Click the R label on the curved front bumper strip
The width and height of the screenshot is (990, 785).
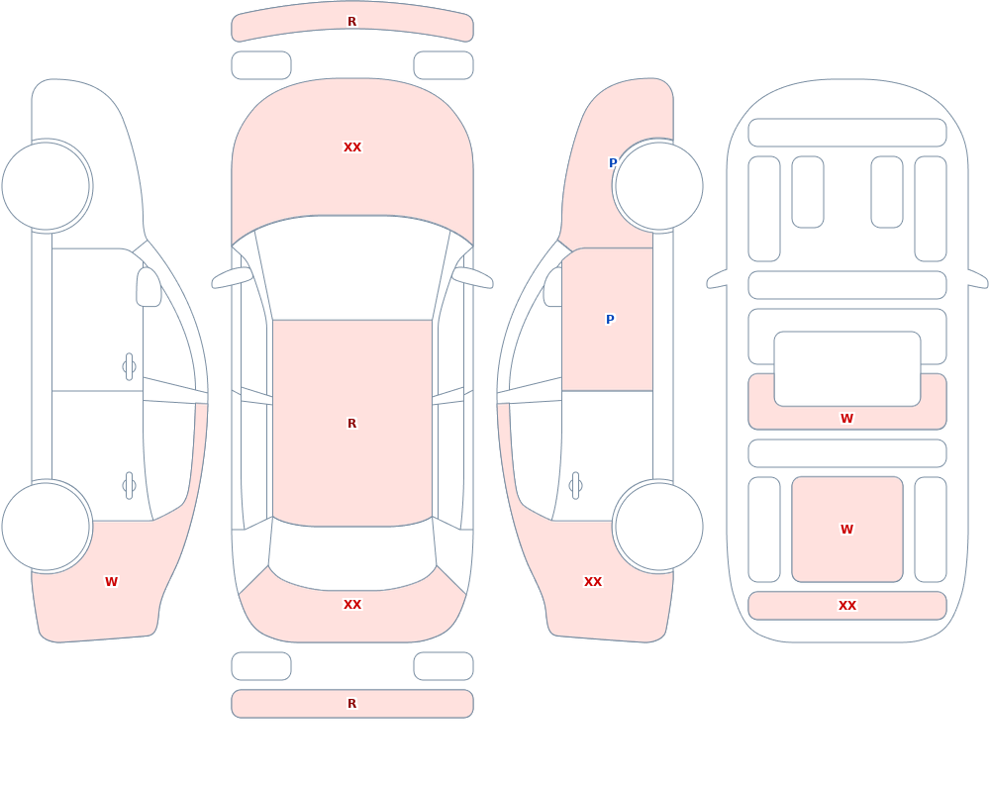(351, 22)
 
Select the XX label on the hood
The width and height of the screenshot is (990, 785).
(352, 147)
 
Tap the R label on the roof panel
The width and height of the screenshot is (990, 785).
(351, 423)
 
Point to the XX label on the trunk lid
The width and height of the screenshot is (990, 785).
(352, 605)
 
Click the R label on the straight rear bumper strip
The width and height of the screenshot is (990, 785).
(351, 704)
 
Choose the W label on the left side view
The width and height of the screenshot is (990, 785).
(111, 582)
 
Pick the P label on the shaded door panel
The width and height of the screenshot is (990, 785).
(610, 319)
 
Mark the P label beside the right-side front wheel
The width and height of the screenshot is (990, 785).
(613, 163)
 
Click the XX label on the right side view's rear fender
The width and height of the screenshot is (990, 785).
(593, 582)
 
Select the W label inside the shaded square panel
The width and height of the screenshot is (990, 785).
(846, 530)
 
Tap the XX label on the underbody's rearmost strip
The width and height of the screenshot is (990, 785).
(847, 605)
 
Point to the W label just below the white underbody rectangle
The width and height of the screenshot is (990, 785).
(846, 418)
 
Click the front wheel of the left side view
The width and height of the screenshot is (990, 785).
(47, 186)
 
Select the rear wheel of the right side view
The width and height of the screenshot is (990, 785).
(658, 527)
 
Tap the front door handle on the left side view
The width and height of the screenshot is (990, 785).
(129, 367)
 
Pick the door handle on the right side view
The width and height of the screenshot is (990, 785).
(575, 486)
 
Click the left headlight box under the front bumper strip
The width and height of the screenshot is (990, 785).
(261, 65)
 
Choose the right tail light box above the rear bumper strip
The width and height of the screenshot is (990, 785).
(444, 666)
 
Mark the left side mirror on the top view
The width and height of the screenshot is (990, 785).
(233, 277)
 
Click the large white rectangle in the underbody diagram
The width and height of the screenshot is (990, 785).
(847, 369)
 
